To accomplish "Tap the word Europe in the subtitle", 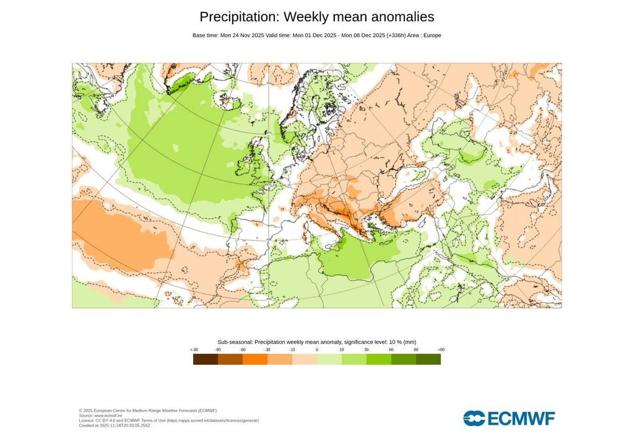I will pos(432,35).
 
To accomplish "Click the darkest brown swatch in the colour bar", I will pos(206,359).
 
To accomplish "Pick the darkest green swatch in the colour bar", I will pos(428,359).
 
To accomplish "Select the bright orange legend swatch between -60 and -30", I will pos(255,359).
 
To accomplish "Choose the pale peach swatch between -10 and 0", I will pos(305,359).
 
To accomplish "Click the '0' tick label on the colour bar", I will pos(317,350).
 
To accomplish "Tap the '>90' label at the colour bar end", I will pos(441,350).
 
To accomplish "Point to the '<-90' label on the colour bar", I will pos(194,350).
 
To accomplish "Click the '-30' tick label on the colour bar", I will pos(267,350).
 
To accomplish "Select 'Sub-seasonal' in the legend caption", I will pos(235,342).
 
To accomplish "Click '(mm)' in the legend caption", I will pos(409,342).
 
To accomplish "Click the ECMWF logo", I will pos(509,418).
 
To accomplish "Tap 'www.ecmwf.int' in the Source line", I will pos(108,416).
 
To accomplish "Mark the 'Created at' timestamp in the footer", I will pos(127,426).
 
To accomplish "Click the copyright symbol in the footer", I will pos(81,411).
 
